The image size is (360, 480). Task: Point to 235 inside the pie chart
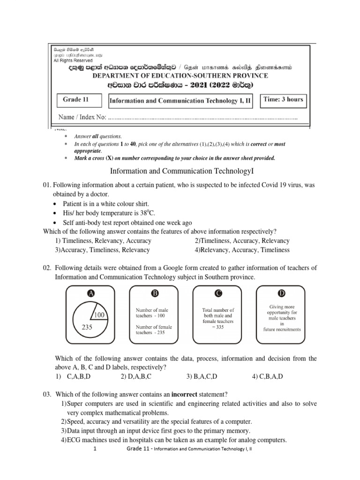click(x=87, y=328)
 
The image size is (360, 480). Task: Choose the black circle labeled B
click(x=154, y=293)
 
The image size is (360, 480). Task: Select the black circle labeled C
click(x=218, y=293)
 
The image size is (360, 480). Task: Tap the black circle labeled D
click(x=282, y=293)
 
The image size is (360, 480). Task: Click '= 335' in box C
click(x=218, y=328)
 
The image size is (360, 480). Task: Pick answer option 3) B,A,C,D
click(x=202, y=376)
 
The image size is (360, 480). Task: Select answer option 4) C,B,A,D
click(x=268, y=376)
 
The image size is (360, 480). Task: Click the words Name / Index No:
click(x=82, y=117)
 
